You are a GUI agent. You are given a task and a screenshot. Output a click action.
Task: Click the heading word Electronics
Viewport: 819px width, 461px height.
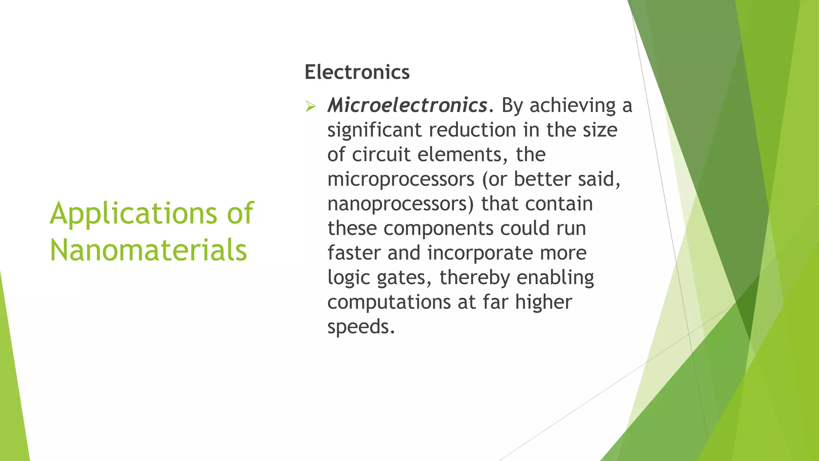[357, 72]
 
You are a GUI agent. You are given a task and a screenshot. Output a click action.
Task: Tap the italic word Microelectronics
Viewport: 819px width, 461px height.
[407, 106]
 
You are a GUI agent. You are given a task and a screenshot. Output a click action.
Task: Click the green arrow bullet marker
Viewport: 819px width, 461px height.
[310, 106]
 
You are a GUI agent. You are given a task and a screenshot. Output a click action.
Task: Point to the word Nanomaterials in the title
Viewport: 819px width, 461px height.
[148, 250]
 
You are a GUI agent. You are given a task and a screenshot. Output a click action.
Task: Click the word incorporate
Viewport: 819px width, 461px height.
[480, 253]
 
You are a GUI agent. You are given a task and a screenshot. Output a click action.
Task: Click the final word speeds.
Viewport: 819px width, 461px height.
[361, 327]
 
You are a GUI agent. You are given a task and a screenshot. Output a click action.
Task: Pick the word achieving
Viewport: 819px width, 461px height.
[573, 106]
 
